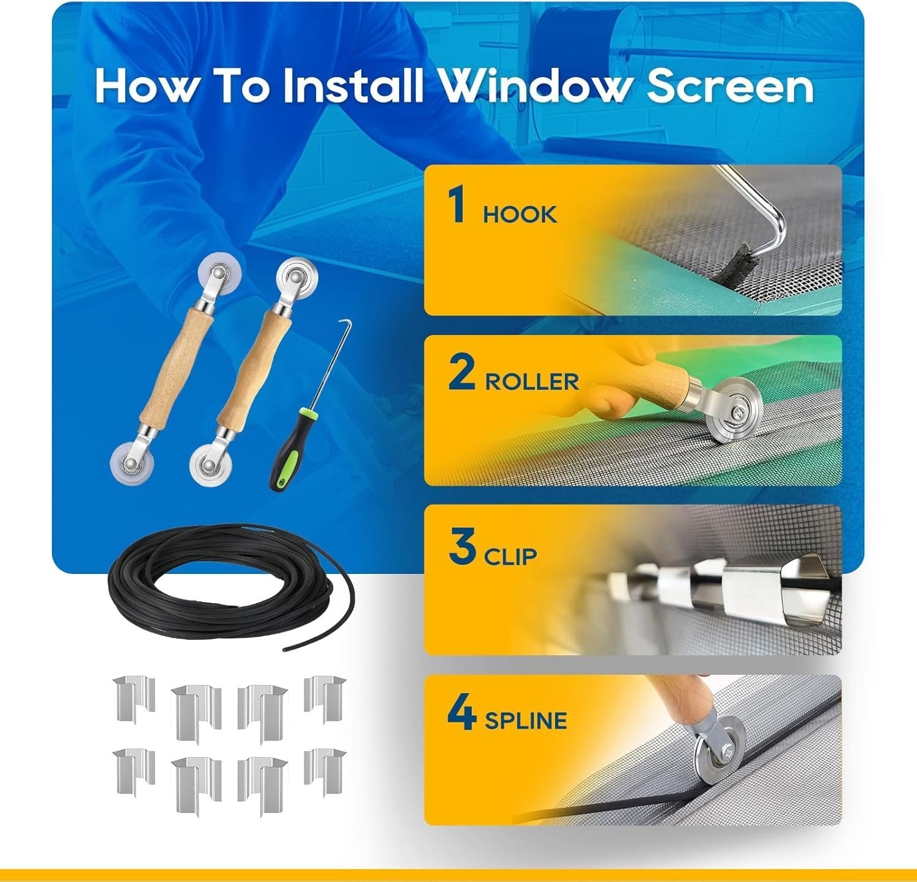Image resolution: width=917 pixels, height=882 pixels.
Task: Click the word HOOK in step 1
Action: coord(520,215)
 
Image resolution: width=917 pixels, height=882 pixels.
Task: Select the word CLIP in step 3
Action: coord(510,556)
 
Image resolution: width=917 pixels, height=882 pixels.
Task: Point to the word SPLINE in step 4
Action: coord(526,721)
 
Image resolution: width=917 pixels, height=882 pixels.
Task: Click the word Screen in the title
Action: coord(731,86)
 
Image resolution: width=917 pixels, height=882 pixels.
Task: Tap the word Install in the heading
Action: coord(353,86)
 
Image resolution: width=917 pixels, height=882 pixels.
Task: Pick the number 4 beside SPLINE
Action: coord(462,713)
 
